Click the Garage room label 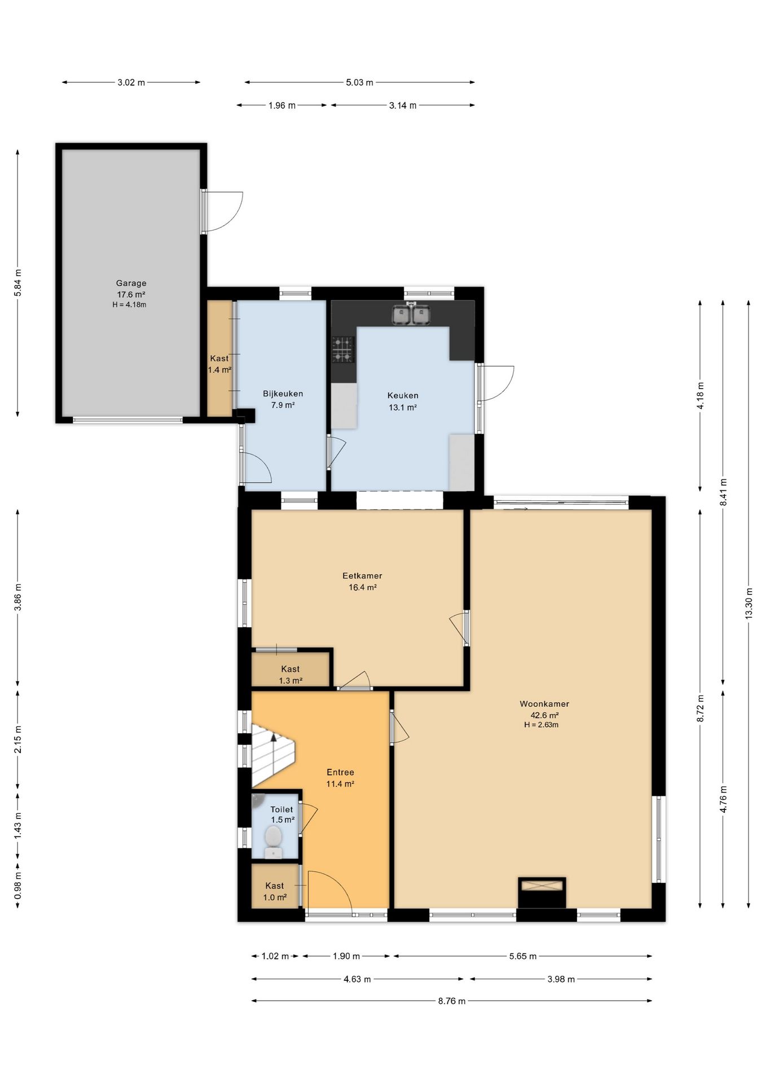tap(131, 283)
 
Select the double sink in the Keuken tap(412, 314)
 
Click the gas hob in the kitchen tap(342, 349)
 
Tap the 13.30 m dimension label tap(749, 604)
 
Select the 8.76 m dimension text tap(452, 1001)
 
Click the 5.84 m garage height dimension tap(17, 283)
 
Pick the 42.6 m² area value tap(544, 715)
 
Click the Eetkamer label tap(362, 576)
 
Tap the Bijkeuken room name tap(283, 394)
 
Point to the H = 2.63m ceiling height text tap(542, 725)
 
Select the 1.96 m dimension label tap(282, 105)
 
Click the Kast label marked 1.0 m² tap(275, 886)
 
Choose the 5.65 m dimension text tap(523, 956)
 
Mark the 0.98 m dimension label tap(17, 886)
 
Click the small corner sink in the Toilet tap(257, 799)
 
